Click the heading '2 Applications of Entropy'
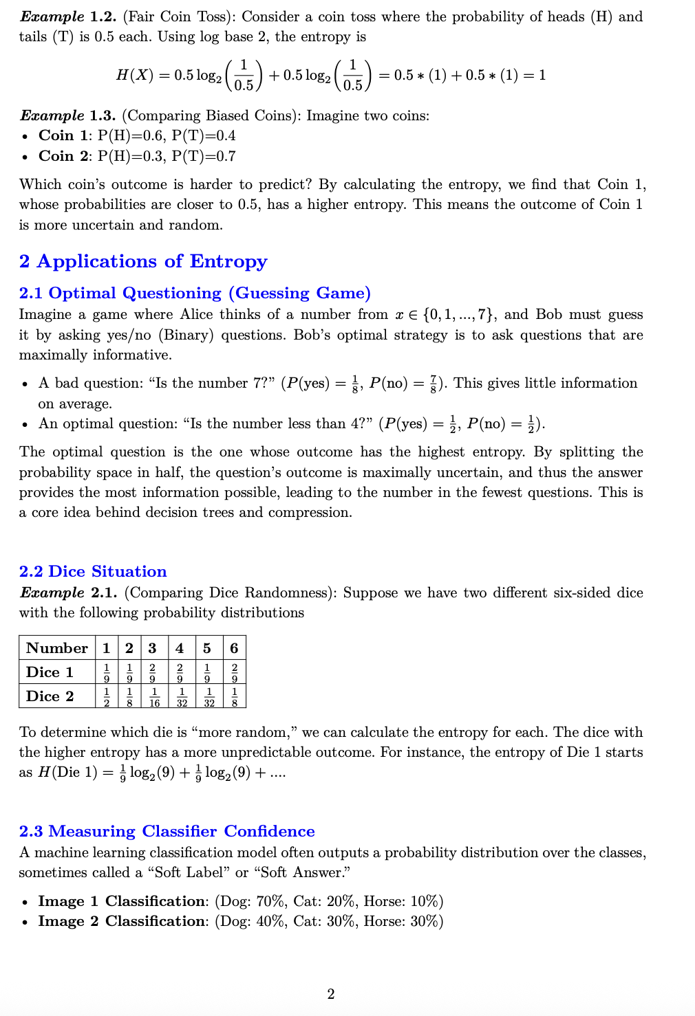pyautogui.click(x=143, y=262)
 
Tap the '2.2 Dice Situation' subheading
pyautogui.click(x=93, y=572)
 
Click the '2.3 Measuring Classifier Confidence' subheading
pyautogui.click(x=167, y=832)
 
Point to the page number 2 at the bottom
pyautogui.click(x=331, y=994)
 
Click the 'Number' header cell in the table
pyautogui.click(x=57, y=648)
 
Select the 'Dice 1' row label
pyautogui.click(x=50, y=672)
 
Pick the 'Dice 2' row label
pyautogui.click(x=50, y=696)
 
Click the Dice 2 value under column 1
pyautogui.click(x=107, y=696)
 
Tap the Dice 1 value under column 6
pyautogui.click(x=235, y=672)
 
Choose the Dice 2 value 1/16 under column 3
pyautogui.click(x=154, y=696)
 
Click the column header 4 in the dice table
pyautogui.click(x=180, y=648)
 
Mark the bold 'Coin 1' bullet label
pyautogui.click(x=63, y=135)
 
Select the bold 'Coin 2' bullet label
pyautogui.click(x=63, y=156)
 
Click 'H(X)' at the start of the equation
pyautogui.click(x=134, y=75)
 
